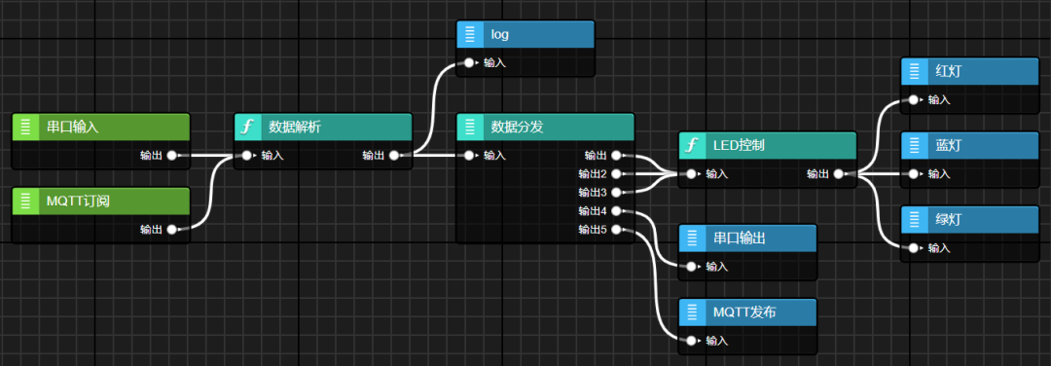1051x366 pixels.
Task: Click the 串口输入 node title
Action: click(73, 127)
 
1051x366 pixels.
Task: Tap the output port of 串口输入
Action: click(172, 155)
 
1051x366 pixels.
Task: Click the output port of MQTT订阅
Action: click(172, 230)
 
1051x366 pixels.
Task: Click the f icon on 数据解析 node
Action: click(248, 127)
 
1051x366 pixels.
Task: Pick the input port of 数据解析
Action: click(247, 155)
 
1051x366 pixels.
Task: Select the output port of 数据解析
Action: click(394, 155)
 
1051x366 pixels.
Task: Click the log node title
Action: click(499, 34)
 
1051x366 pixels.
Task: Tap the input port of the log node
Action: click(469, 62)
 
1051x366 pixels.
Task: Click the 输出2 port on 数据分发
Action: click(616, 173)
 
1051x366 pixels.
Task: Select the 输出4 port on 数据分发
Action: click(616, 210)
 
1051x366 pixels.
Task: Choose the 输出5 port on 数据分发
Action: click(616, 230)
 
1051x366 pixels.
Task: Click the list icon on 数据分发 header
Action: click(470, 127)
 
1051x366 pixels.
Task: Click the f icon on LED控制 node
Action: click(692, 146)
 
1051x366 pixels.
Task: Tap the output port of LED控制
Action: click(838, 174)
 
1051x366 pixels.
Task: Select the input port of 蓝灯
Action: click(913, 174)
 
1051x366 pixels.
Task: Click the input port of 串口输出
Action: click(691, 266)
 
